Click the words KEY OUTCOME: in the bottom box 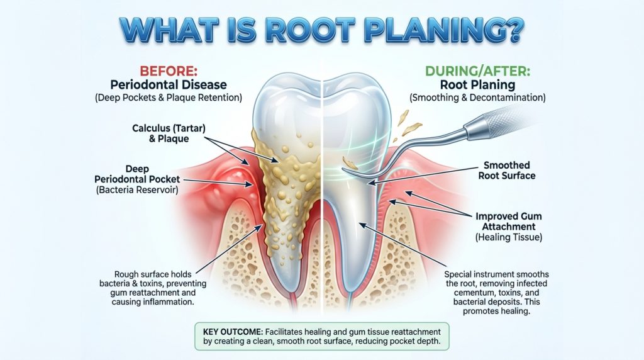coord(232,330)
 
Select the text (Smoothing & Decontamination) coord(477,98)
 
